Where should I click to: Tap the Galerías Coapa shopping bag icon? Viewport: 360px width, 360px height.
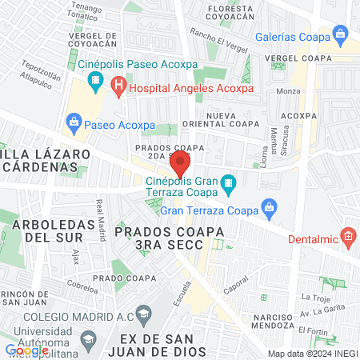click(341, 34)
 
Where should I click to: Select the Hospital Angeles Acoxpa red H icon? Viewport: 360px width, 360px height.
click(118, 84)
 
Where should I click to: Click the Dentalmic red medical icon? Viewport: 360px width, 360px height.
click(347, 236)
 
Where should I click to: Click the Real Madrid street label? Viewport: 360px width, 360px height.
click(101, 220)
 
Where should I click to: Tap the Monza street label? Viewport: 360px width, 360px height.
click(288, 92)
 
